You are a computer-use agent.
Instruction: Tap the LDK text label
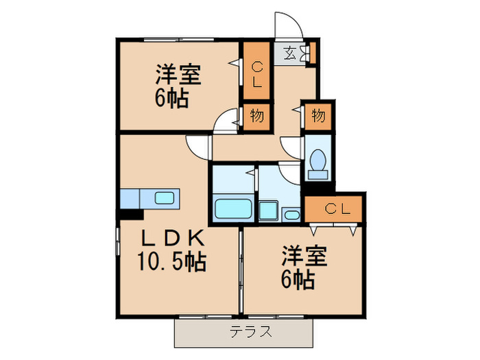point(171,238)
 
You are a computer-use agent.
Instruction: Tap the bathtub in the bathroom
point(233,208)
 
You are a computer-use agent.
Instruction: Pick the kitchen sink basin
point(165,198)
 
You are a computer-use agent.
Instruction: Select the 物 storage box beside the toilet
point(318,116)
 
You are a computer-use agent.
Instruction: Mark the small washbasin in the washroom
point(291,215)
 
